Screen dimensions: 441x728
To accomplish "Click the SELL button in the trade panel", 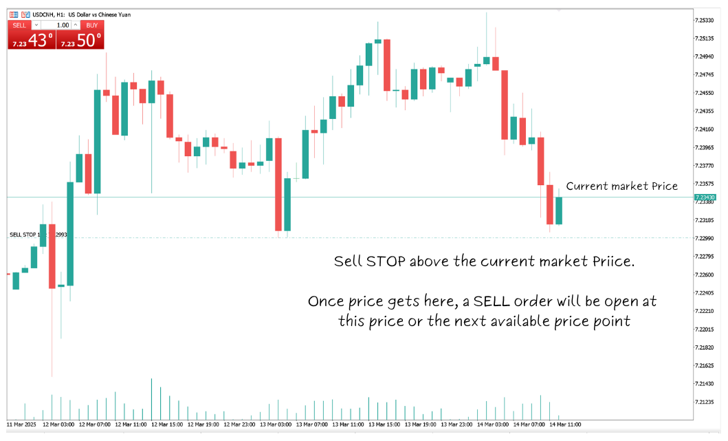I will pos(19,25).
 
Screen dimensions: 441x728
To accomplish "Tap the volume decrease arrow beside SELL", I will pos(36,25).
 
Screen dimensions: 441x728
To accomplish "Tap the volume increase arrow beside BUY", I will pos(76,25).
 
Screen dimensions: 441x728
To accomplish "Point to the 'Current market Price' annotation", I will pos(621,186).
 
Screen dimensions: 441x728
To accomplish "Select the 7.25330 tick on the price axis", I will pos(706,21).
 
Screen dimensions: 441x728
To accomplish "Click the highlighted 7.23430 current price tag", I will pos(705,197).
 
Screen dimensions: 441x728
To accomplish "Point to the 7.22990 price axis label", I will pos(706,238).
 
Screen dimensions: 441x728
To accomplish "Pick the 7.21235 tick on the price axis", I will pos(706,402).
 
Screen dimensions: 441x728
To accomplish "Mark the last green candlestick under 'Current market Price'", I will pos(559,211).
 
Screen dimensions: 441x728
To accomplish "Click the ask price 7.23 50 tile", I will pos(80,40).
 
